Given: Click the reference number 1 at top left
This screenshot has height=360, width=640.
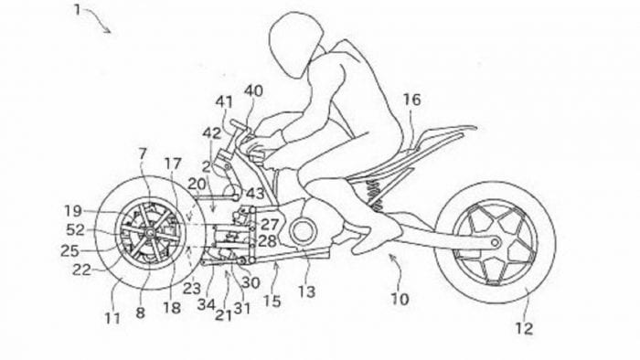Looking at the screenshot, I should point(80,11).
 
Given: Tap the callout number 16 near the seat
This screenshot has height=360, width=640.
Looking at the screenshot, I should point(412,100).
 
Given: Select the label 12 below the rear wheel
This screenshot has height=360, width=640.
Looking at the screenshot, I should point(524,328).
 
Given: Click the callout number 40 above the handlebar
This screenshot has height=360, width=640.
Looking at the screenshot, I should point(253,90).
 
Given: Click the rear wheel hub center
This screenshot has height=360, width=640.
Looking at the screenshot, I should point(495,243).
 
